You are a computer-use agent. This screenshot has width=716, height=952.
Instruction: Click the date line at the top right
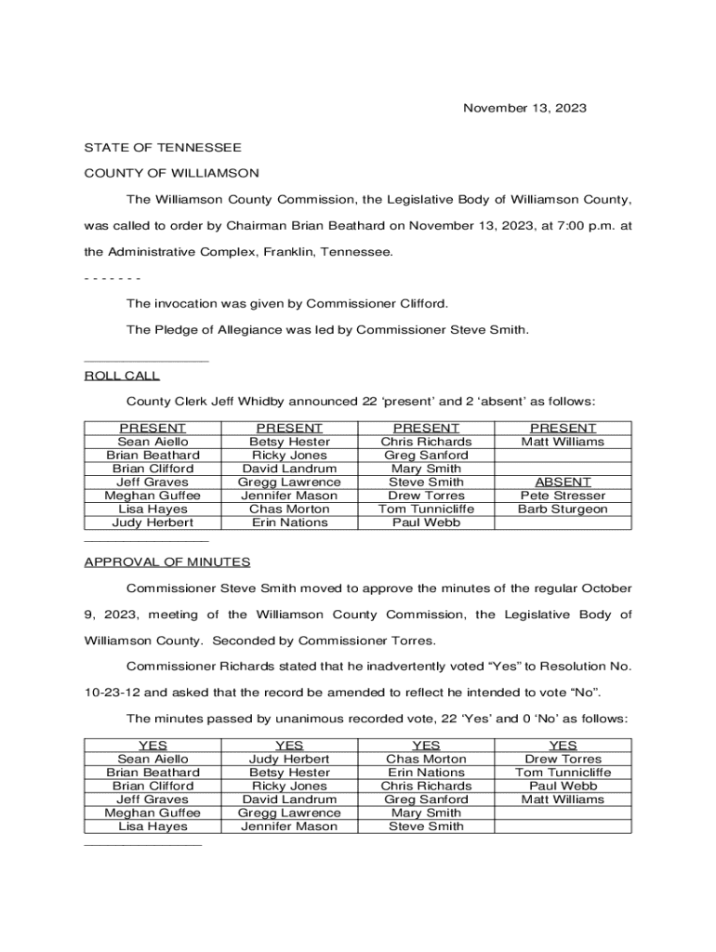click(524, 109)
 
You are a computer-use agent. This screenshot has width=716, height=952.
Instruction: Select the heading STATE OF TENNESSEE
click(163, 148)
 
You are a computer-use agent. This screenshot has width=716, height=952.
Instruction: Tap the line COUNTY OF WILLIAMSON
click(172, 173)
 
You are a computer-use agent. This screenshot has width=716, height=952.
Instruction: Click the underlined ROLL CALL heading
click(122, 376)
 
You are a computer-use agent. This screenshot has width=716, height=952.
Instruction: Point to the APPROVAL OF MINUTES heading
click(167, 562)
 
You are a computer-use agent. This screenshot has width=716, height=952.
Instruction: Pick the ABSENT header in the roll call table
click(563, 483)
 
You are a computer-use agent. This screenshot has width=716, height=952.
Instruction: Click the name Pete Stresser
click(563, 496)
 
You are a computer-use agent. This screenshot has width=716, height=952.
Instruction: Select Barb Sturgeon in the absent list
click(563, 509)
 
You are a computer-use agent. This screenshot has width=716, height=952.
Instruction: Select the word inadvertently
click(367, 667)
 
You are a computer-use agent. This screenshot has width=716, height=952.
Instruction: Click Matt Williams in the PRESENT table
click(563, 442)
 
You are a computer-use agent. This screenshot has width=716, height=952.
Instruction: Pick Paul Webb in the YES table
click(563, 786)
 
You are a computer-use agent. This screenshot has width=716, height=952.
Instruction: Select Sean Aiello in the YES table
click(152, 759)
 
